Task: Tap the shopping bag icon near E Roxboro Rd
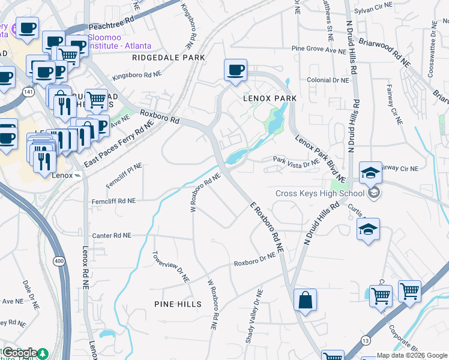305,299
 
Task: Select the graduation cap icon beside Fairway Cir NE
370,173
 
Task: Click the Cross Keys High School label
319,193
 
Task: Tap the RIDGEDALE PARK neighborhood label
169,58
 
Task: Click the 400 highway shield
59,261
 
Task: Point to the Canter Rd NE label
110,236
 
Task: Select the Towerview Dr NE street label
170,267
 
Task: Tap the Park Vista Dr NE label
296,161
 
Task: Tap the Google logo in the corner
20,353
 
